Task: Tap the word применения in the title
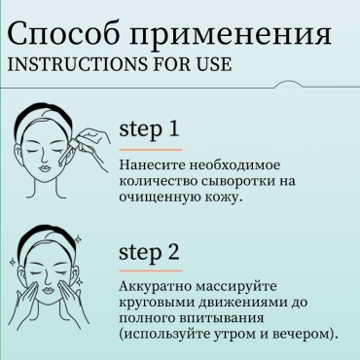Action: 231,36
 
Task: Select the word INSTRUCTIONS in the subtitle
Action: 79,64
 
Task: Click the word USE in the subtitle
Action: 214,64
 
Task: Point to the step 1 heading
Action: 149,130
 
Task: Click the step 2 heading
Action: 149,252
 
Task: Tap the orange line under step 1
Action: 151,150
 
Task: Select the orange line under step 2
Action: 151,270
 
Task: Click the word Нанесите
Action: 152,165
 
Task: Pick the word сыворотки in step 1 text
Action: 236,181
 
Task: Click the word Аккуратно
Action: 154,287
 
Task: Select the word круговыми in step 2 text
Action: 156,303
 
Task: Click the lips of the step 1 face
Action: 44,169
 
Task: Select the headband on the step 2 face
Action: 46,236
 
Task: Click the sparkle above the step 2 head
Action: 78,239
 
